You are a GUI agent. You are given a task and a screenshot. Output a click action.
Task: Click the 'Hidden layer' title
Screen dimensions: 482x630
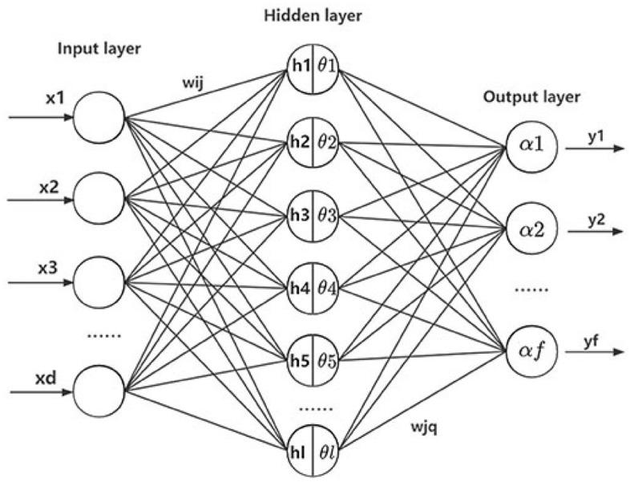coord(310,14)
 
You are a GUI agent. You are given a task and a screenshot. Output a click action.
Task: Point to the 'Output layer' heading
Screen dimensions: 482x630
coord(531,97)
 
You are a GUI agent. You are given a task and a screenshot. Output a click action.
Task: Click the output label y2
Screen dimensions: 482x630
coord(594,218)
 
